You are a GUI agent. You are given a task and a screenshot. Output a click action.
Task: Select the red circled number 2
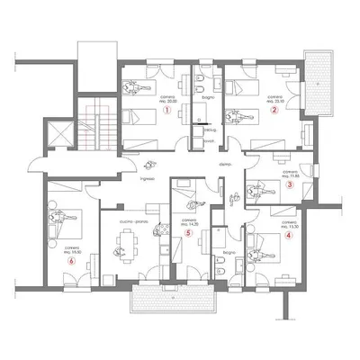click(274, 111)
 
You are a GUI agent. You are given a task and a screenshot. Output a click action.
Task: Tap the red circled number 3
click(290, 185)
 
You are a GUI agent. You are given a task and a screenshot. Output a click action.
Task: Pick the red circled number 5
click(187, 232)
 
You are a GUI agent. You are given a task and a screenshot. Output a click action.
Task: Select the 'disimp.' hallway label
click(225, 166)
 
